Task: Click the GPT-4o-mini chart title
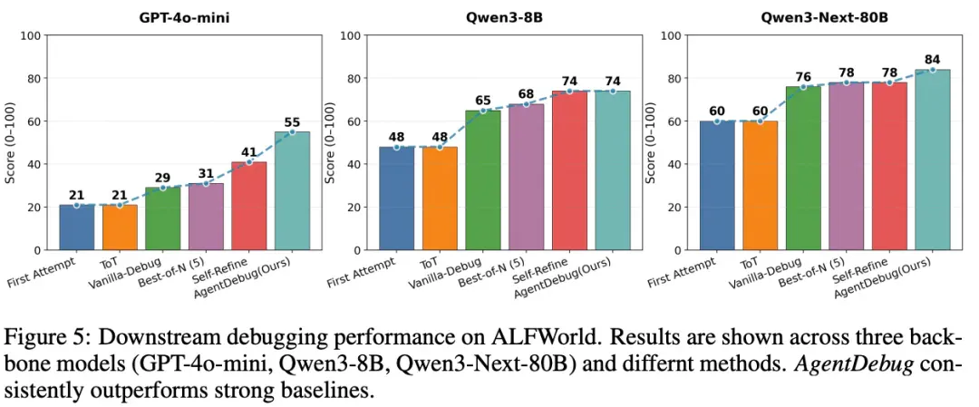pos(184,17)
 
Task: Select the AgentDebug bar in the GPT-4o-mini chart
pos(292,191)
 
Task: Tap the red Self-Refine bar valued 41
pos(249,206)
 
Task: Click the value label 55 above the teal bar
pos(292,120)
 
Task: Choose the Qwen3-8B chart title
pos(505,17)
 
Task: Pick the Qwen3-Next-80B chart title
pos(825,17)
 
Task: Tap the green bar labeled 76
pos(803,169)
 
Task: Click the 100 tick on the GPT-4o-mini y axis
pos(31,35)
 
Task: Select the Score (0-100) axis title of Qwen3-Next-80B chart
pos(651,143)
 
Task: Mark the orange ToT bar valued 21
pos(120,228)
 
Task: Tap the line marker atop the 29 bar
pos(163,188)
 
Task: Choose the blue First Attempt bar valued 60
pos(717,186)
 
